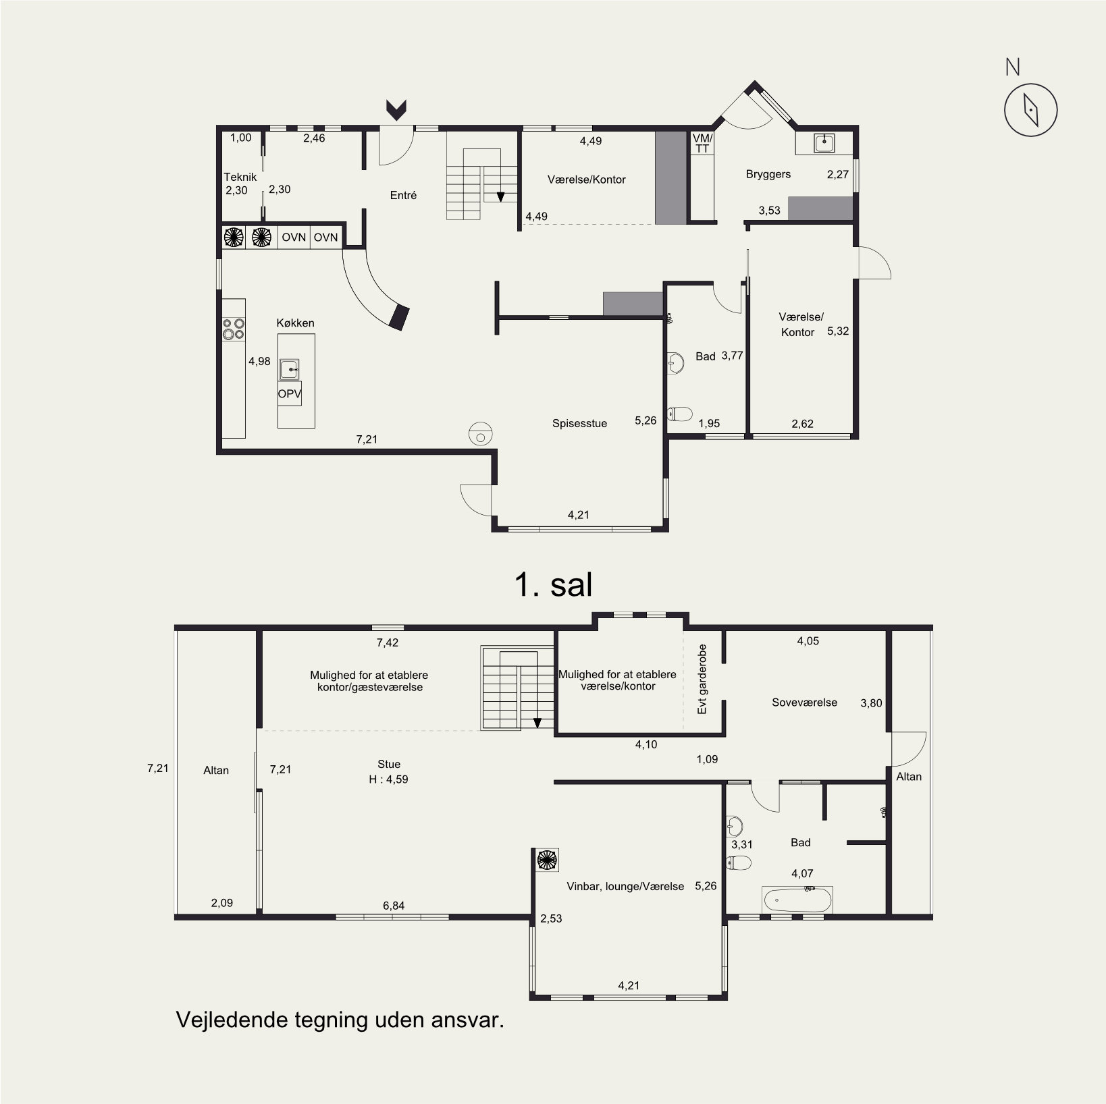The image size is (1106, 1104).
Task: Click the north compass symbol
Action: point(1030,110)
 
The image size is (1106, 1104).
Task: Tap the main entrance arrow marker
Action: point(396,109)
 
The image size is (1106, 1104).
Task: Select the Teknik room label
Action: point(240,177)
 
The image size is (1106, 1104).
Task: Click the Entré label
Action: point(404,195)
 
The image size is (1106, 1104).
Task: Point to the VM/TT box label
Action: point(702,143)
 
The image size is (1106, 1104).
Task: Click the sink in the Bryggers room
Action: point(824,143)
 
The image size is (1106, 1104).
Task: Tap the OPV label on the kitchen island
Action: point(290,393)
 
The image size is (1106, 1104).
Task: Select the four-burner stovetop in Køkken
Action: point(234,329)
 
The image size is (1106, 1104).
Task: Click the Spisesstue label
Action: point(579,423)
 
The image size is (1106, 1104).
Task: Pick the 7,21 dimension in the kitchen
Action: point(367,439)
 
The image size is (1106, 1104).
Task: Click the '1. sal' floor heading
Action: point(554,584)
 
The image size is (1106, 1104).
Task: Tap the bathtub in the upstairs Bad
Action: point(797,900)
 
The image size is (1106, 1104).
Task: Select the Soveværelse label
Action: point(804,702)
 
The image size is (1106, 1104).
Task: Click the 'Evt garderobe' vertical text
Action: point(702,679)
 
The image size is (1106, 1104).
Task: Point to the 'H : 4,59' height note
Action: point(388,779)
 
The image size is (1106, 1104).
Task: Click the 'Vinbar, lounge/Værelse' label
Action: point(625,886)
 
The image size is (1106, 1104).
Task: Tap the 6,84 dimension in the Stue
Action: point(394,906)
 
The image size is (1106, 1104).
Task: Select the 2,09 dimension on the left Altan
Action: point(222,902)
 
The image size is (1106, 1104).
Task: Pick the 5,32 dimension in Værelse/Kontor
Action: point(838,331)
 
